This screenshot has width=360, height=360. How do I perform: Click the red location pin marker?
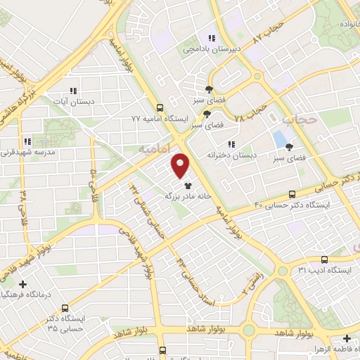pos(181,165)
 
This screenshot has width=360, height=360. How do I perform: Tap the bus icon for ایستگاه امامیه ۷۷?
pos(160,108)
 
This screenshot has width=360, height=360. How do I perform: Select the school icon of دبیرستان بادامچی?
pos(210,38)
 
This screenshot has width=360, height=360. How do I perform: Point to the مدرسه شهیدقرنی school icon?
pos(27,141)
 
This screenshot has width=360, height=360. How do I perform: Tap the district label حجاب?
pos(308,121)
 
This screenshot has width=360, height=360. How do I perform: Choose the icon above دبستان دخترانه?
pos(231,144)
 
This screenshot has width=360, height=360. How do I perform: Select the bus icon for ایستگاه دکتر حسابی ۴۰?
pos(292,194)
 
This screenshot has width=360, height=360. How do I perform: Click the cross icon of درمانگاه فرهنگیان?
pos(23,285)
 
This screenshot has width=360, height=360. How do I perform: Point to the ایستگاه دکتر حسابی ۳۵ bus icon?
pos(65,308)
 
